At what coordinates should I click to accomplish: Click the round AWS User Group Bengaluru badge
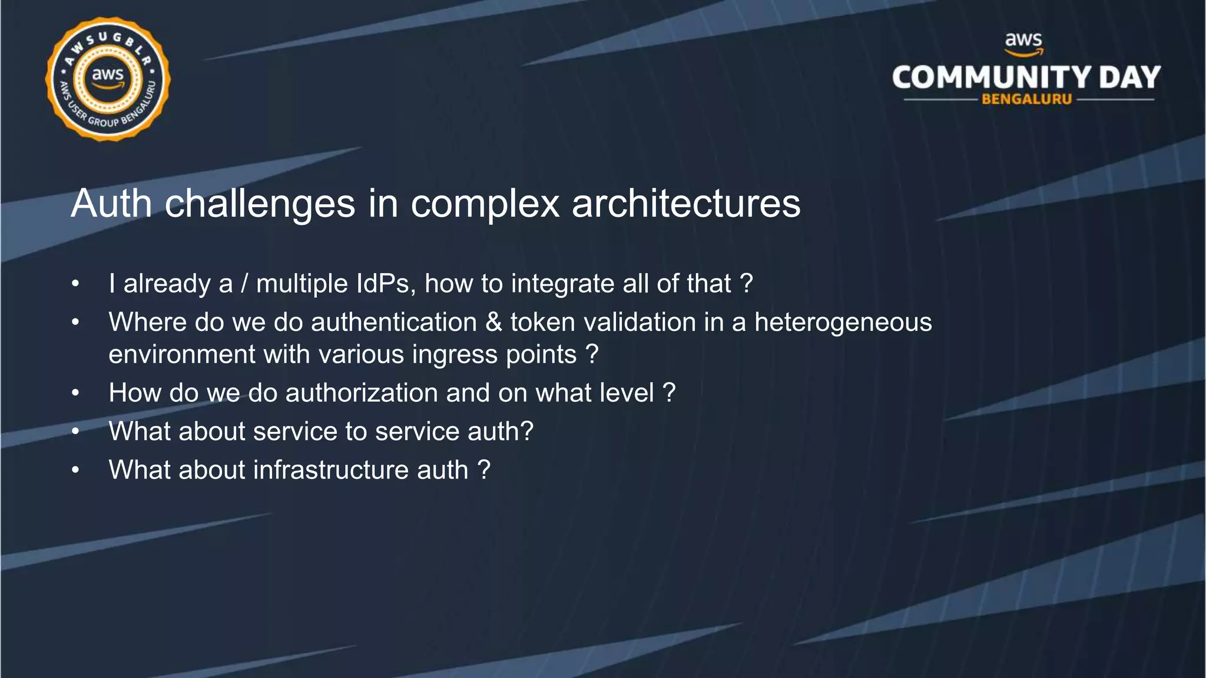108,79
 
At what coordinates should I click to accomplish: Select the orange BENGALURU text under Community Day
1026,99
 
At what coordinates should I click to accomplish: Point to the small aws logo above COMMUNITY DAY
1023,42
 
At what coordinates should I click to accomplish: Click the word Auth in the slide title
111,204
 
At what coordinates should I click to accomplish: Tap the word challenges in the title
260,204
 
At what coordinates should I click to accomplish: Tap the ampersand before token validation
493,323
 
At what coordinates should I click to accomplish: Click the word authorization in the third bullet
362,393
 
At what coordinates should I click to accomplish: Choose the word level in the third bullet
625,393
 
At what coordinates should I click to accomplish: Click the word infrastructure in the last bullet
331,470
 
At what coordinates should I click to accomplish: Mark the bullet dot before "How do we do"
75,393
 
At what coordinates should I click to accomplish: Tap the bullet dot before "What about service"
75,431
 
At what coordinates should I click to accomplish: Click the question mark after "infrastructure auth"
483,470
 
